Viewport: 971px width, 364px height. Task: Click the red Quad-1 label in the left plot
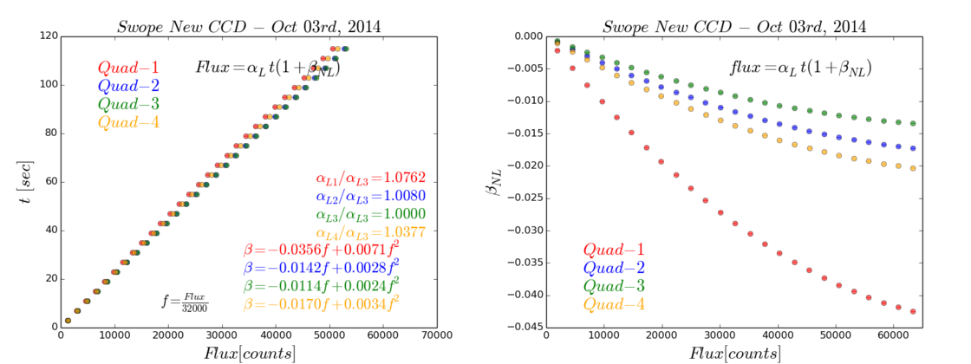pyautogui.click(x=128, y=67)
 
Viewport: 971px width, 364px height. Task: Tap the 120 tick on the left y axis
pyautogui.click(x=46, y=36)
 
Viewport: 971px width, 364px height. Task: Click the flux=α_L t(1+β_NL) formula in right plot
pyautogui.click(x=799, y=67)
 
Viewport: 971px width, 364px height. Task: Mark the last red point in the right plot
pyautogui.click(x=912, y=311)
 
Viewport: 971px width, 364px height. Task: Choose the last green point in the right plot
pyautogui.click(x=912, y=123)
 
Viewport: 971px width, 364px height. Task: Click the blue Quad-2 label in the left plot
pyautogui.click(x=128, y=85)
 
